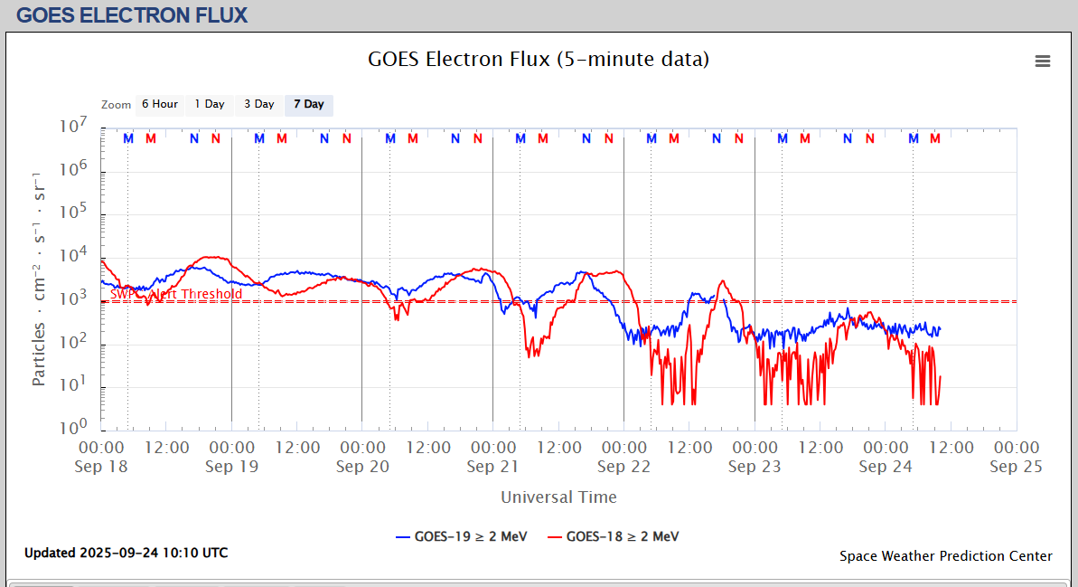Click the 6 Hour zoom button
click(x=159, y=104)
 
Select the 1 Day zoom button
click(x=210, y=104)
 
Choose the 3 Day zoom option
click(x=258, y=104)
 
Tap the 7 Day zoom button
click(x=308, y=104)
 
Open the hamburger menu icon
click(x=1043, y=61)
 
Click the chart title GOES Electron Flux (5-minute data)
click(x=539, y=60)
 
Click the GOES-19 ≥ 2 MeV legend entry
click(x=463, y=536)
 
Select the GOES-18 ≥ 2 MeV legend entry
click(x=614, y=536)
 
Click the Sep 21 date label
click(x=493, y=467)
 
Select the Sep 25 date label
click(x=1016, y=467)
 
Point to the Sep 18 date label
click(x=101, y=467)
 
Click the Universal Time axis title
click(x=558, y=497)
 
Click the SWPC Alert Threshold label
click(x=176, y=294)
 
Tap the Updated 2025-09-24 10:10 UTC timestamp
click(x=126, y=553)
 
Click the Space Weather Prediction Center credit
click(x=945, y=556)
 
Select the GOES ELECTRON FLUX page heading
click(x=132, y=15)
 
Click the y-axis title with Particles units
click(x=39, y=278)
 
